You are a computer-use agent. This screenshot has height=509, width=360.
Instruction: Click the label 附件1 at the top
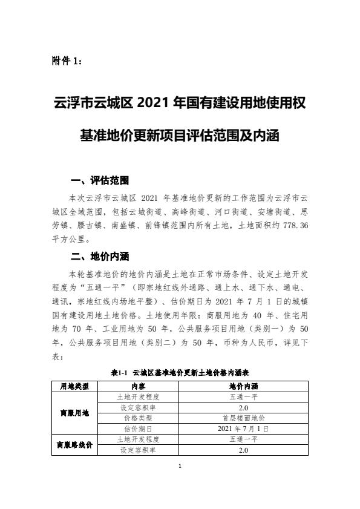click(67, 61)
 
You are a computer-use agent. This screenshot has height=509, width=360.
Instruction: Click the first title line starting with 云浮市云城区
click(179, 103)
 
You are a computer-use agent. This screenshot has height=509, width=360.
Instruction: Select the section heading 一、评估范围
click(99, 181)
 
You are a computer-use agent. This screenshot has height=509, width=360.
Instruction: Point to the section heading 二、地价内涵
click(99, 255)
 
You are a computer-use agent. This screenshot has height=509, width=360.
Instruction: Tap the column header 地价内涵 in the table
click(243, 386)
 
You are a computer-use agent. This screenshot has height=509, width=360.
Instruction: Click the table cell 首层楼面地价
click(243, 418)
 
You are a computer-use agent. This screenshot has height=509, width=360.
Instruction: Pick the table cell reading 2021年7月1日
click(243, 429)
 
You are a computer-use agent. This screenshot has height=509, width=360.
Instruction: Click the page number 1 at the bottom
click(180, 465)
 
